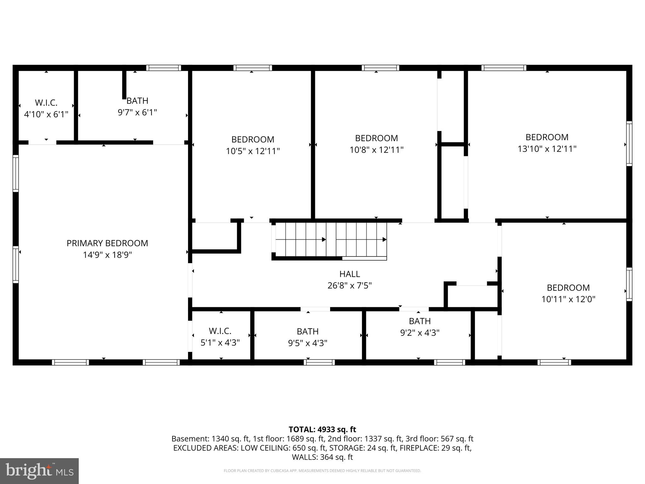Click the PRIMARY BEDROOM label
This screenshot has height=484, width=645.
click(107, 243)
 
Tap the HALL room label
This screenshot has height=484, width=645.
click(350, 274)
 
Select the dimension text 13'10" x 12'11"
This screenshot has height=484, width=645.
click(547, 149)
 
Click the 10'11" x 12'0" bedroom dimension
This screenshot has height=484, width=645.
click(568, 299)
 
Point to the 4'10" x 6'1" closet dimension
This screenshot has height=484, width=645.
click(46, 114)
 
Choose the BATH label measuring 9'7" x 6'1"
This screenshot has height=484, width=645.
click(137, 101)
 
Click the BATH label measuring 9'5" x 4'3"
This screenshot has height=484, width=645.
click(308, 331)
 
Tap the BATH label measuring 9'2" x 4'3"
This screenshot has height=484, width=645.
click(420, 321)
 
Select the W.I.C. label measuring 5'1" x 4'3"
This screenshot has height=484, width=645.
click(220, 331)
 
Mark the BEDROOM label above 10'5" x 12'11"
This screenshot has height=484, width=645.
click(253, 139)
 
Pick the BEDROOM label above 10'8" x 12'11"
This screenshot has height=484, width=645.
click(376, 138)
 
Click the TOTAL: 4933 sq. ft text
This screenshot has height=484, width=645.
click(322, 429)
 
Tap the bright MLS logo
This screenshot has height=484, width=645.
click(39, 471)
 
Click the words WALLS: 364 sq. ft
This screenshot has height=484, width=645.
click(322, 457)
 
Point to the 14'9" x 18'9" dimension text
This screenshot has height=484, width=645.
click(107, 255)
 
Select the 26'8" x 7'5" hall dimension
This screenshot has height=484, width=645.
click(350, 285)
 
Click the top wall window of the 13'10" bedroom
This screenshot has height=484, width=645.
click(504, 68)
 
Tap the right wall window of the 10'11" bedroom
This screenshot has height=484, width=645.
click(629, 284)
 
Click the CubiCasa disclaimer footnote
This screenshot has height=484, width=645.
click(322, 471)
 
